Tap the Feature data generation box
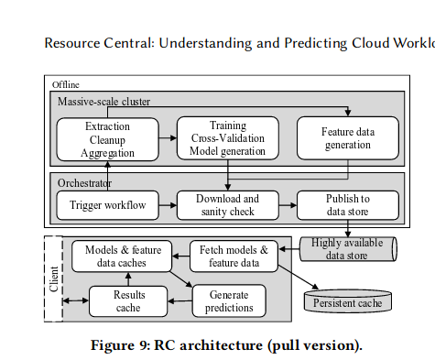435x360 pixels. pos(348,138)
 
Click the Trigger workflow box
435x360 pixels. pos(107,204)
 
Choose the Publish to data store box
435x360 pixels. pos(348,204)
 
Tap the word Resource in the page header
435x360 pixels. pos(73,43)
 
